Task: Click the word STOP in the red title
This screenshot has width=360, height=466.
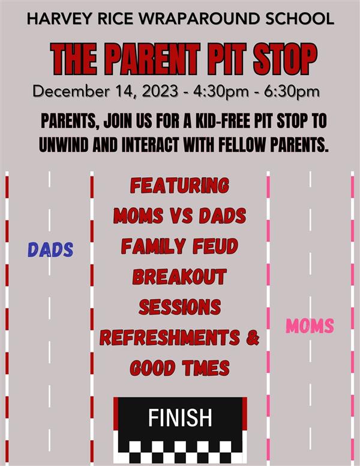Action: (x=285, y=59)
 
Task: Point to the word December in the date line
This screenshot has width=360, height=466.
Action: (x=71, y=91)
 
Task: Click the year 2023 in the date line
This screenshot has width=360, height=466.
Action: (x=160, y=91)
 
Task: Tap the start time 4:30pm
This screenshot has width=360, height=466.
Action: (x=221, y=91)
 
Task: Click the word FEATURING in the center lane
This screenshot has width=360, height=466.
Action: (x=180, y=186)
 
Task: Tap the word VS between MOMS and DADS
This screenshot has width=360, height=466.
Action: (x=181, y=216)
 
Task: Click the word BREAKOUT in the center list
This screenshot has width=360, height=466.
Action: (x=180, y=277)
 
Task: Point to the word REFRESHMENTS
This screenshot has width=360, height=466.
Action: (x=170, y=337)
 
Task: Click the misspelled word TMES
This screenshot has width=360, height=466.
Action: (x=206, y=368)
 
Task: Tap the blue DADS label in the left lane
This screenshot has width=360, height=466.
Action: (x=50, y=250)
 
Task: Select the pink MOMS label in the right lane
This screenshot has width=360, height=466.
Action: (x=310, y=325)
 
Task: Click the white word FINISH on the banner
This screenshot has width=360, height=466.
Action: (x=180, y=417)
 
